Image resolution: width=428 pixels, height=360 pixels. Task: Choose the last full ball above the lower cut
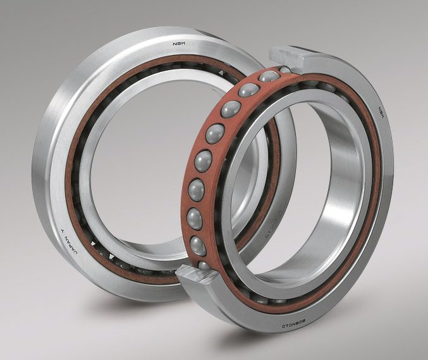198,243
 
